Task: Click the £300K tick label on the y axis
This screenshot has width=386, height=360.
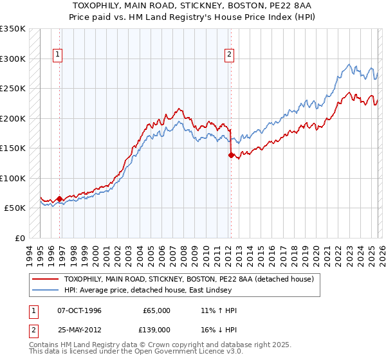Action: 13,59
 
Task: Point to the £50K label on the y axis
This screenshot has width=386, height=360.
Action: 15,208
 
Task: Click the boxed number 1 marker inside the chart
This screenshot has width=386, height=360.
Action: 58,55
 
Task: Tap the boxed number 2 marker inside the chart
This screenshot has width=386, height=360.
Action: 229,55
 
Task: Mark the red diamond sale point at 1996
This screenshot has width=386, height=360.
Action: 60,199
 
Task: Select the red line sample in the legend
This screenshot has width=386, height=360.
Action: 46,280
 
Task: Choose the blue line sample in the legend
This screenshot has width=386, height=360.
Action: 46,291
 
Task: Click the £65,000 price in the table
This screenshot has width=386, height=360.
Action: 156,310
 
